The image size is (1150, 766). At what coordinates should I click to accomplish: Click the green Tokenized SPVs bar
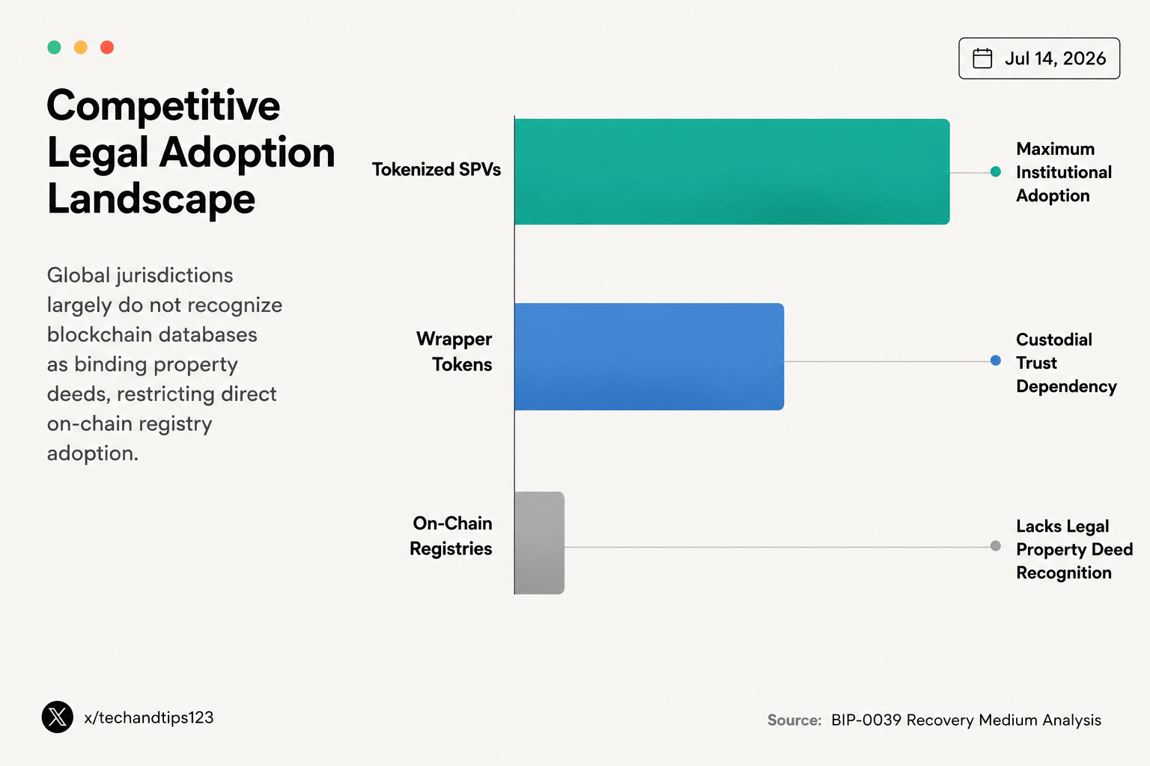[732, 172]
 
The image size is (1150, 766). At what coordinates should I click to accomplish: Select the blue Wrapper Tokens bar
[649, 357]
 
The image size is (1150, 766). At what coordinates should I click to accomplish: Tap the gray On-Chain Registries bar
[540, 543]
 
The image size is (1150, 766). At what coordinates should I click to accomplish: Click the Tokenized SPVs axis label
[436, 170]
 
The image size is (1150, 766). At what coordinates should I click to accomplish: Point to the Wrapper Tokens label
[454, 352]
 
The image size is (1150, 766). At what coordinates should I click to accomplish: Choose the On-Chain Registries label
[451, 536]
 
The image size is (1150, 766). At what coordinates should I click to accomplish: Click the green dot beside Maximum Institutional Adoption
[996, 172]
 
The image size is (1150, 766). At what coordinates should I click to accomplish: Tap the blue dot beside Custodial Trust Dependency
[996, 361]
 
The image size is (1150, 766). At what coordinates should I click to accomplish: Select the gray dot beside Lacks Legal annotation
[996, 546]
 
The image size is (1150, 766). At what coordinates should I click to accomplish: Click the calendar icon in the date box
[982, 58]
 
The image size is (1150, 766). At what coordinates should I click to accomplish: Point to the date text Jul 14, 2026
[1055, 58]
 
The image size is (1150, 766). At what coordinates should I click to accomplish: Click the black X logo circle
[58, 717]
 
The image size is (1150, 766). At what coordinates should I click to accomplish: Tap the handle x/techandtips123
[148, 717]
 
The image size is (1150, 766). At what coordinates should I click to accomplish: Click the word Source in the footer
[794, 720]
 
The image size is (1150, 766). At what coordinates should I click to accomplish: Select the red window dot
[107, 47]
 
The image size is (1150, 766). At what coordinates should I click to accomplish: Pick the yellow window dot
[81, 47]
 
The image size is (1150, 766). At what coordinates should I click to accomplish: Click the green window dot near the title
[54, 47]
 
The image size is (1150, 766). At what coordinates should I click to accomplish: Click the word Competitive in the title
[163, 106]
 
